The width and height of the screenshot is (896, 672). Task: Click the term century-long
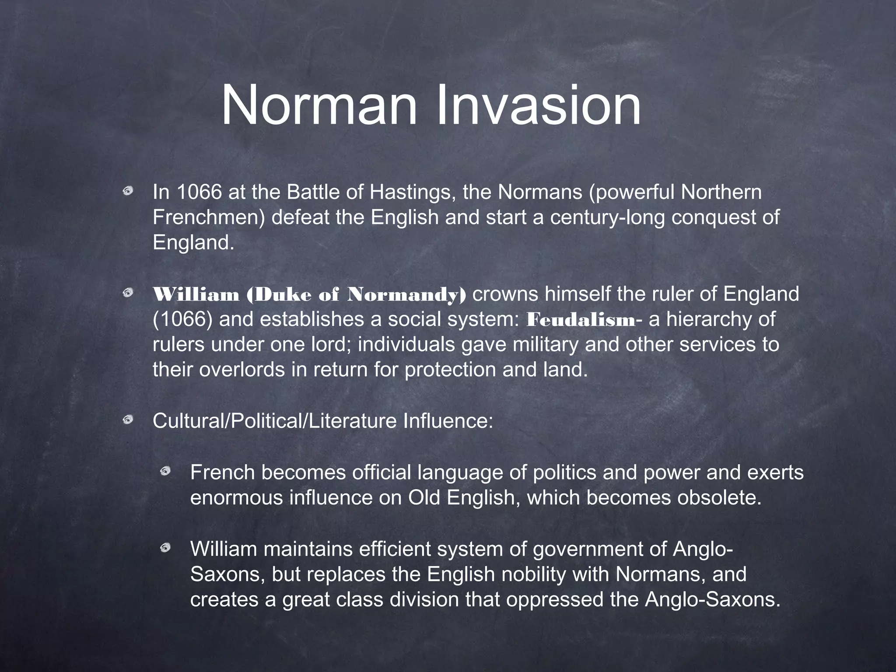tap(607, 217)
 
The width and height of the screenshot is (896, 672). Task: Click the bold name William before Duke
tap(196, 294)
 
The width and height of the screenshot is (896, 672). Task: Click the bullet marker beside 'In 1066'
tap(128, 191)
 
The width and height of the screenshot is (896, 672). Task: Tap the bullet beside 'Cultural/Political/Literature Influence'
tap(128, 420)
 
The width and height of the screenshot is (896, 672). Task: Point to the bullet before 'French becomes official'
tap(165, 471)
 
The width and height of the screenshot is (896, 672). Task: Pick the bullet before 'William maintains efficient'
tap(165, 547)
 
